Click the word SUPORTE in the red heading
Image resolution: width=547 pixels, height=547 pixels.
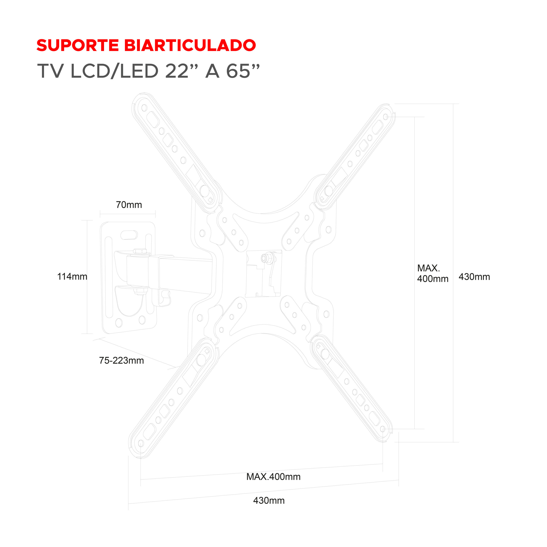(x=78, y=45)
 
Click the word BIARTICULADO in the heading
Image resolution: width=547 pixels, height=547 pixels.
(x=190, y=45)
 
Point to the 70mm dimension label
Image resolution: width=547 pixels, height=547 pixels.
(x=129, y=205)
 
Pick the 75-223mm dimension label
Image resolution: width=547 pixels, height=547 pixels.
(x=121, y=360)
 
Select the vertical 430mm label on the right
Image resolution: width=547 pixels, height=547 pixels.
(x=474, y=277)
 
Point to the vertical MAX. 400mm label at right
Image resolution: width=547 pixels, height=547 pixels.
(x=432, y=273)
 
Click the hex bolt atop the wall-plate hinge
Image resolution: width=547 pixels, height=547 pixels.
(x=140, y=251)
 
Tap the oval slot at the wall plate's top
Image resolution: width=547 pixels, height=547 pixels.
(x=129, y=235)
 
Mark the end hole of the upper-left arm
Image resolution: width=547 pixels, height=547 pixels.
(x=144, y=108)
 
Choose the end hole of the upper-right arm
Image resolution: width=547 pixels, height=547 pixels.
(x=385, y=117)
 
